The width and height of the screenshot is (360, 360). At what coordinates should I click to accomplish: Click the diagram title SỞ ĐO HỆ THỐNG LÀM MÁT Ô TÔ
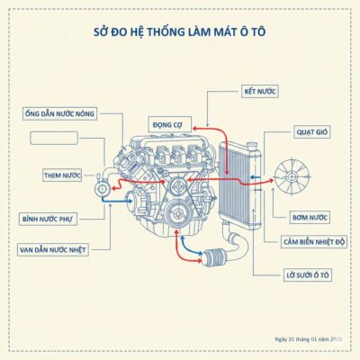180,31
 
